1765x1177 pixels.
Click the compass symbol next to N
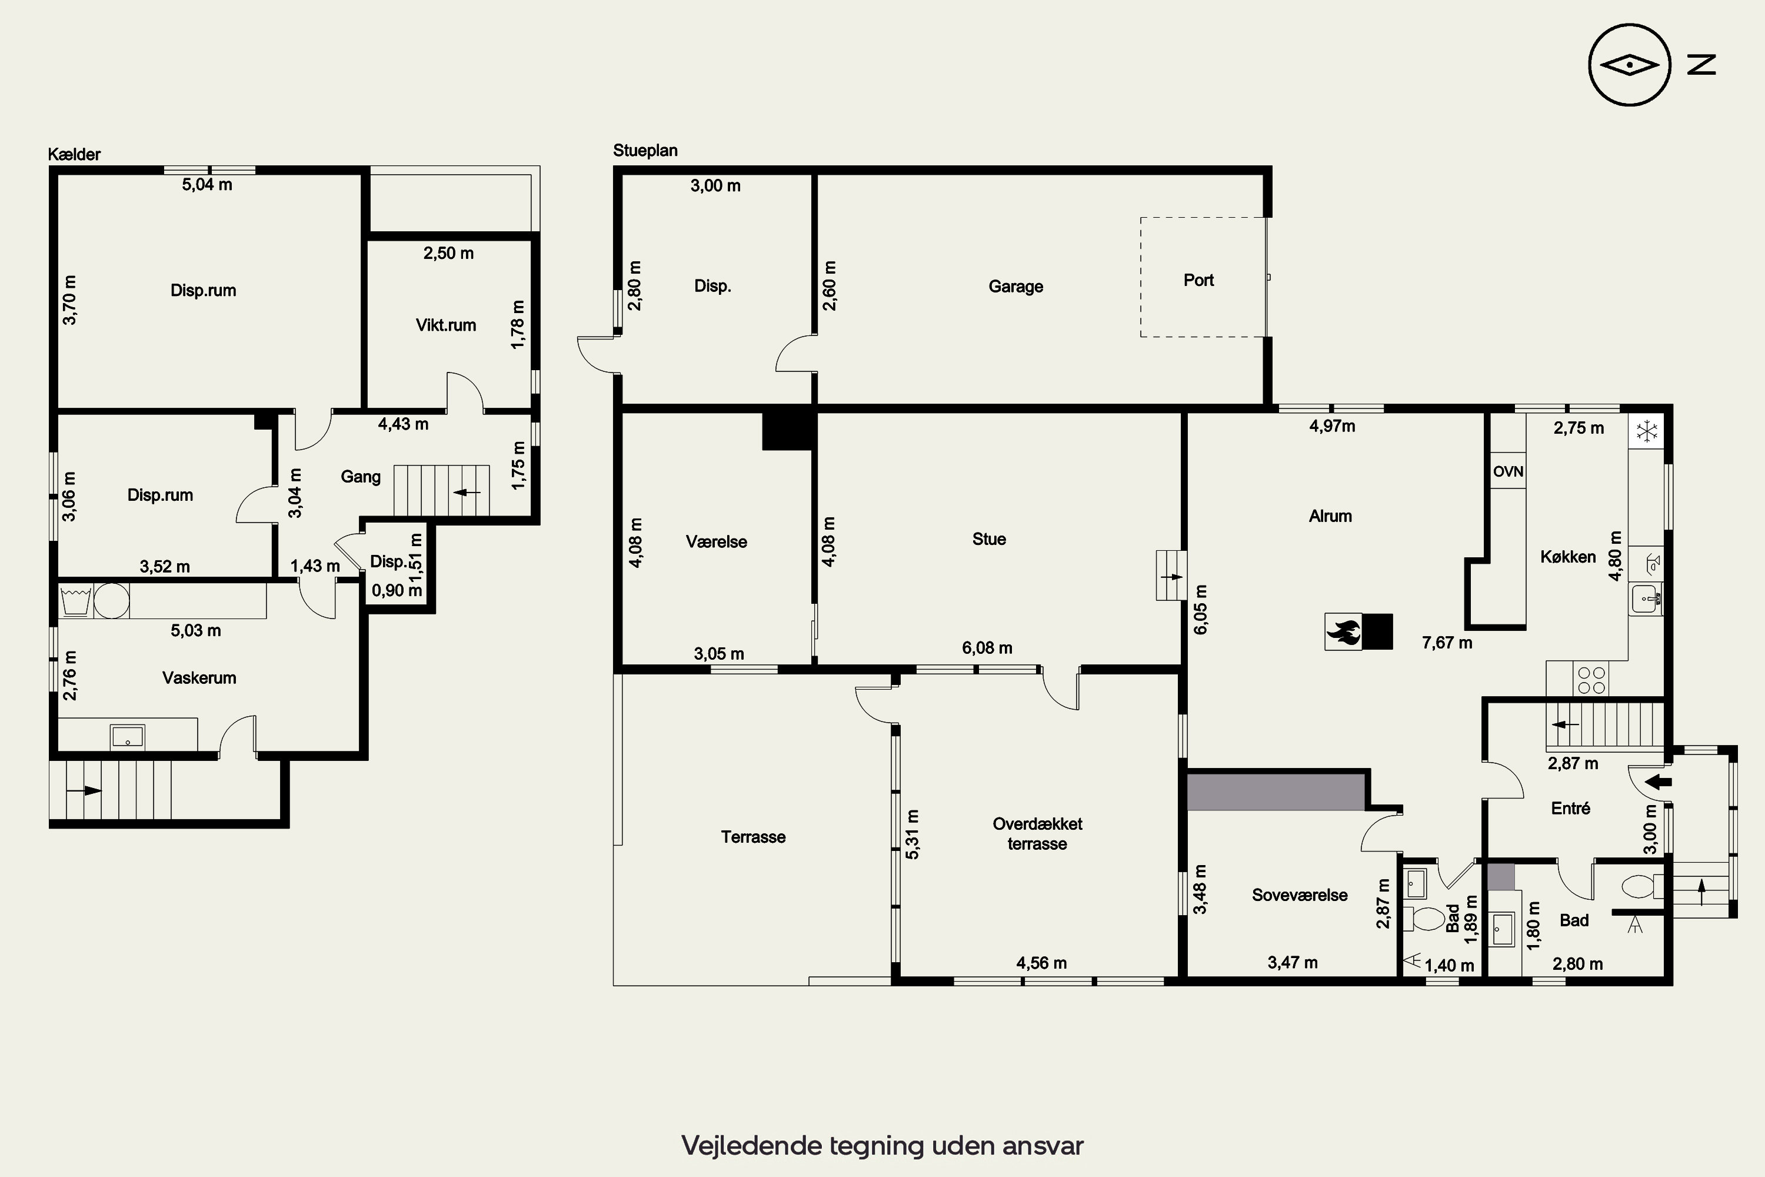[1629, 65]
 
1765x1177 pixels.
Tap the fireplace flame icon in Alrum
[1343, 631]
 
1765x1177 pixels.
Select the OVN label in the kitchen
[1507, 471]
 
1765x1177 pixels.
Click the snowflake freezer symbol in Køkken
[1646, 431]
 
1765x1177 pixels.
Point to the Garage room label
[1015, 287]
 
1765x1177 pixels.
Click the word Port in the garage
[1198, 280]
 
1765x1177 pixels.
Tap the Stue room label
[989, 539]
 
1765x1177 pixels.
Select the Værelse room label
[716, 542]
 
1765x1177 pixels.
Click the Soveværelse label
[1300, 895]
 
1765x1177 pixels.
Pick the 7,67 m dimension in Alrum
[1447, 643]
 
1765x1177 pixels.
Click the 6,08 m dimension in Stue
[987, 648]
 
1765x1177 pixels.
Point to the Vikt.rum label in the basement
[446, 325]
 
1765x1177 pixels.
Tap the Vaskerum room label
[199, 678]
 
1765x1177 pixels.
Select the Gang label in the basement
[360, 477]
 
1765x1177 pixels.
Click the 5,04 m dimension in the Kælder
[207, 185]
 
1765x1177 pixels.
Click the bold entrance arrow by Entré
[1658, 782]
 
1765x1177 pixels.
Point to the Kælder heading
[74, 155]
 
